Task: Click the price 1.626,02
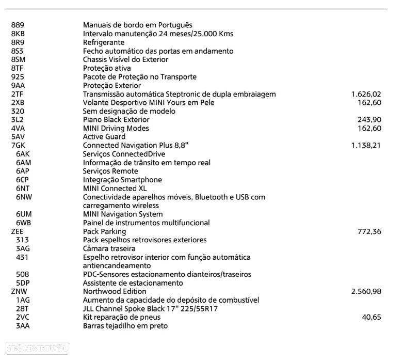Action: tap(366, 94)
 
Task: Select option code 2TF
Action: tap(17, 94)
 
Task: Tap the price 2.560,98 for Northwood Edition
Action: tap(366, 292)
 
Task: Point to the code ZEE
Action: tap(17, 231)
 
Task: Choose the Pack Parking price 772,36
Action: tap(369, 231)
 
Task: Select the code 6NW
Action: tap(24, 197)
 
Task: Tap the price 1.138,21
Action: tap(366, 146)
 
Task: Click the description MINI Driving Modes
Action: tap(116, 128)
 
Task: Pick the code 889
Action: tap(17, 25)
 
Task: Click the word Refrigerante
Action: tap(104, 42)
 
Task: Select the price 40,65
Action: tap(371, 317)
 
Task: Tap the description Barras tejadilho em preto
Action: tap(125, 326)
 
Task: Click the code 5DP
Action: tap(23, 283)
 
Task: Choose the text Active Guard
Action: tap(104, 137)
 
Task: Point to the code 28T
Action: tap(23, 309)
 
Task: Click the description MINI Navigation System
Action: tap(123, 214)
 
